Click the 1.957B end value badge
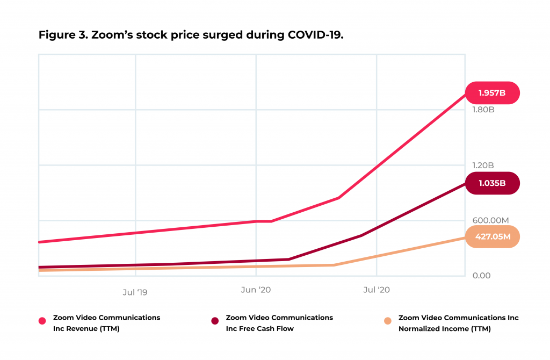491,92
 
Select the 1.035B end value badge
491,183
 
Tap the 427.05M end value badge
491,236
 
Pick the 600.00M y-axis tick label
488,220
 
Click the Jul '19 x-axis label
135,292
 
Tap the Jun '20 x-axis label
256,290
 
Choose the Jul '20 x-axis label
377,290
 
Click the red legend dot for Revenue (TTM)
42,321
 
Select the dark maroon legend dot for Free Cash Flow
215,321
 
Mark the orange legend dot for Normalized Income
387,321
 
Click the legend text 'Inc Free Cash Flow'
260,329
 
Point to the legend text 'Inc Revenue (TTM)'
86,329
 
